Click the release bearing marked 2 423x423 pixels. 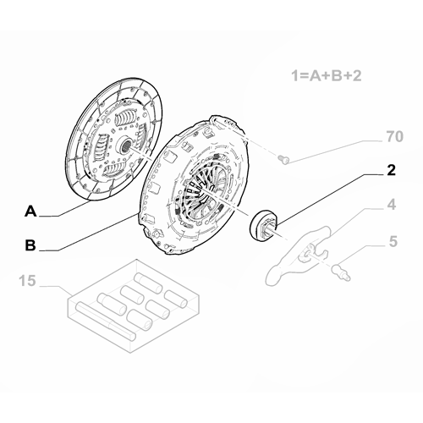[263, 223]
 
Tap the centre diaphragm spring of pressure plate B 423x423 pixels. [202, 200]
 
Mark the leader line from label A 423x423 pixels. [63, 215]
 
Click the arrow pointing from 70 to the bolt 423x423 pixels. [330, 148]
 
